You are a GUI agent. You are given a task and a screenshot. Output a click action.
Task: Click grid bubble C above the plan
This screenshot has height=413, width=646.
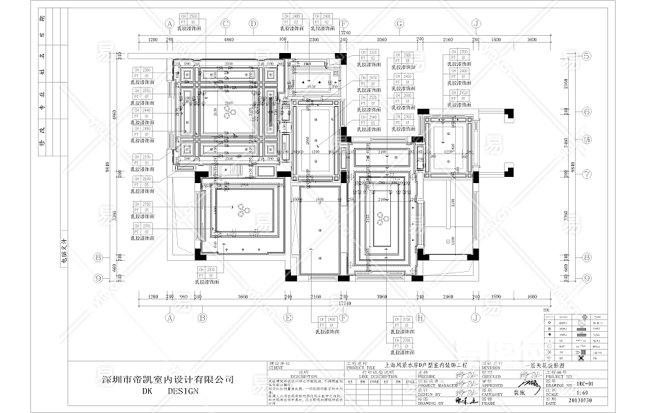pos(225,23)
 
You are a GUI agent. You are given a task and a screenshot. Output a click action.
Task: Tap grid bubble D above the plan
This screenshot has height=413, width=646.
pos(253,23)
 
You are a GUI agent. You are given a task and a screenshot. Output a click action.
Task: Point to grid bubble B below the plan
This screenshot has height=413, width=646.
pos(202,318)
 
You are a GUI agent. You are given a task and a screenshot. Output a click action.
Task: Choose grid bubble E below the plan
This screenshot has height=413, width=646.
pos(288,318)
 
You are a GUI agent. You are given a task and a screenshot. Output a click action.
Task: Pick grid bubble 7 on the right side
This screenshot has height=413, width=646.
pos(587,173)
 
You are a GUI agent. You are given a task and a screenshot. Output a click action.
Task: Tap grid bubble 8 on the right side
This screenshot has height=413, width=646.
pos(587,257)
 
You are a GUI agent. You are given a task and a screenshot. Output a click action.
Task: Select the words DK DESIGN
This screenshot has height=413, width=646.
pos(170,391)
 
